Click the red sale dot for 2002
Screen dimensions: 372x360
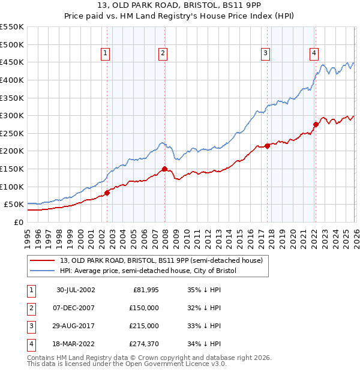click(107, 193)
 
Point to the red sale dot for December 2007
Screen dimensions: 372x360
click(164, 169)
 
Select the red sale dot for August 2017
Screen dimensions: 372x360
click(267, 146)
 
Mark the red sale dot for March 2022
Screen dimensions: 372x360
click(316, 125)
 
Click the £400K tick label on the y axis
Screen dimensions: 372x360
click(12, 80)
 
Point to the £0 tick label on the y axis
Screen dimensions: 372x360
click(18, 222)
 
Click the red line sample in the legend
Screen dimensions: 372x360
click(43, 261)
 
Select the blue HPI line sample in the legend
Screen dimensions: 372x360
click(43, 271)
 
